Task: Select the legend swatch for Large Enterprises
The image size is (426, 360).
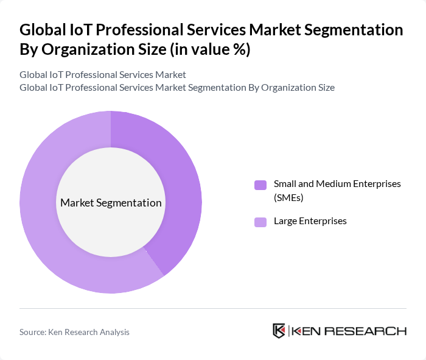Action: [x=260, y=222]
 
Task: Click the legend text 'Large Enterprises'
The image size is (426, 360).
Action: [x=310, y=221]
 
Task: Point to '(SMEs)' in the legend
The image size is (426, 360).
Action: [x=288, y=197]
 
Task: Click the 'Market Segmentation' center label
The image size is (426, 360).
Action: [x=111, y=203]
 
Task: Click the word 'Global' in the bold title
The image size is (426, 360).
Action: [x=45, y=30]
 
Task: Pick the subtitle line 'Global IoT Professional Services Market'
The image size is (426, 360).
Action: [x=102, y=74]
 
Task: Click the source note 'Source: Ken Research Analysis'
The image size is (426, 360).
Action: [x=74, y=332]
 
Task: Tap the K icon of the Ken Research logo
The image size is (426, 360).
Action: [x=279, y=331]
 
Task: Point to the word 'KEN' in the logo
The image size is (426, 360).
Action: [x=307, y=331]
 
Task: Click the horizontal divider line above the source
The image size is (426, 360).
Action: [x=213, y=308]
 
